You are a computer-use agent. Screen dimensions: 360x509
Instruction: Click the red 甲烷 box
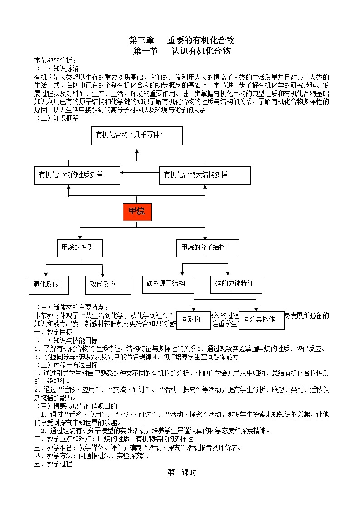(137, 212)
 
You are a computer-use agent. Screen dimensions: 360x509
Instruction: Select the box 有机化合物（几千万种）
(137, 136)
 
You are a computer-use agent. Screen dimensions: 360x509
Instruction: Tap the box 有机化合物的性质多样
(77, 175)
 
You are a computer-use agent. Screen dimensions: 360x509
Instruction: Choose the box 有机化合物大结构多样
(204, 175)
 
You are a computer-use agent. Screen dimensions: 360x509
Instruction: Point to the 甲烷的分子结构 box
(208, 248)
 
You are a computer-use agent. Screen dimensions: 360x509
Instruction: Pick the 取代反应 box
(108, 285)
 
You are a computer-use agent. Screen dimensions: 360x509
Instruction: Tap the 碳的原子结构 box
(168, 284)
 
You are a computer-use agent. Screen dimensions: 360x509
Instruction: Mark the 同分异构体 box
(262, 320)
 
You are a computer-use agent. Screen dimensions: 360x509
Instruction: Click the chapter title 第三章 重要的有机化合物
(182, 40)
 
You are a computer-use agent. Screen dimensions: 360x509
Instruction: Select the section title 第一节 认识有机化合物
(182, 51)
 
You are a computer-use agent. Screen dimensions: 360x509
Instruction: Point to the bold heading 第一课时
(182, 472)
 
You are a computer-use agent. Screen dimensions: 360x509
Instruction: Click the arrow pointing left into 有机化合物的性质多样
(123, 172)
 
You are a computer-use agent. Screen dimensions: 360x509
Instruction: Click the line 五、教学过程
(53, 464)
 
